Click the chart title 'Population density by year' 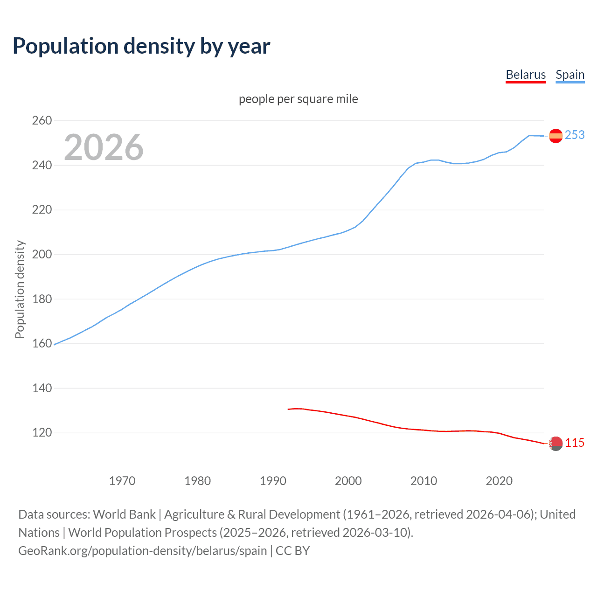coord(141,46)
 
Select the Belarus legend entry coord(526,75)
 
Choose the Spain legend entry coord(570,75)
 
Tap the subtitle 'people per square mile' coord(298,99)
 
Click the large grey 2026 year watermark coord(104,147)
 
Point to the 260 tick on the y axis coord(42,121)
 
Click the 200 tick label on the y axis coord(42,255)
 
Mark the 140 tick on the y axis coord(42,388)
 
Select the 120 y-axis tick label coord(42,433)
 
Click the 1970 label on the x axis coord(122,481)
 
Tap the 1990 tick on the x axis coord(273,481)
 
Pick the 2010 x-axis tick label coord(423,481)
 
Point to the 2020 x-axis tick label coord(499,481)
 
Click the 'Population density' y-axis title coord(20,289)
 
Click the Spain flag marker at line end coord(555,136)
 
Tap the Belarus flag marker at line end coord(555,444)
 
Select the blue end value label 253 coord(575,135)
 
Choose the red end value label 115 coord(575,443)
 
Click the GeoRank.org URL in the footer coord(143,551)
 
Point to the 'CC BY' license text coord(293,551)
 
